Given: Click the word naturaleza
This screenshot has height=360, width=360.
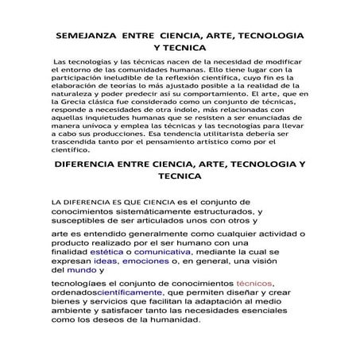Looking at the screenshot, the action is click(x=75, y=92).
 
